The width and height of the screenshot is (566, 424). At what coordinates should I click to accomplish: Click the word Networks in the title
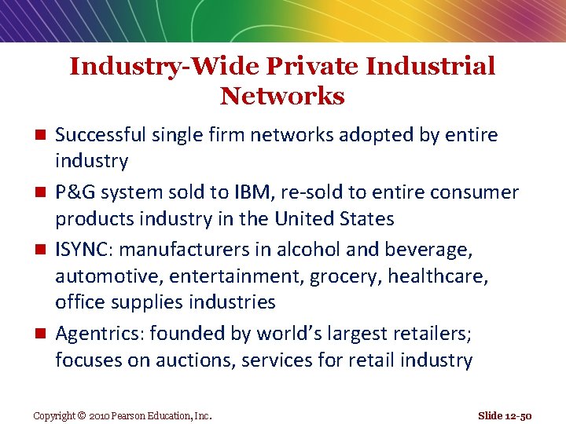point(282,97)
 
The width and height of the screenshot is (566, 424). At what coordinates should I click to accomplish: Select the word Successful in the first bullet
point(101,135)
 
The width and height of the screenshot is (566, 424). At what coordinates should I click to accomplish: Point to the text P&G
point(75,192)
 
